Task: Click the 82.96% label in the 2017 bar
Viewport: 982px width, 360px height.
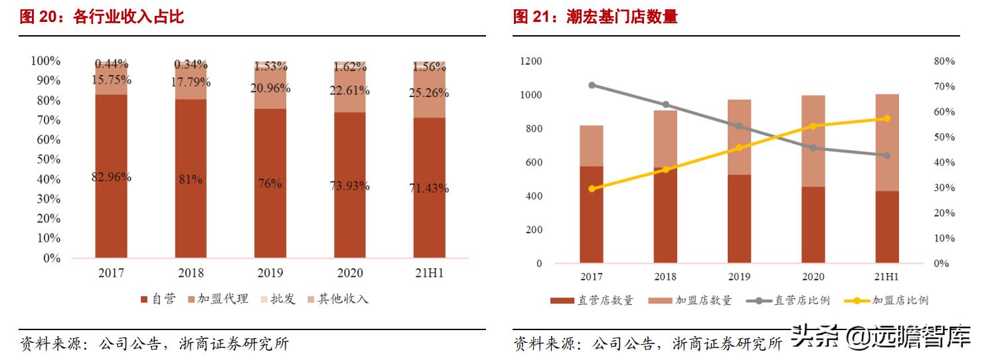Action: [x=112, y=177]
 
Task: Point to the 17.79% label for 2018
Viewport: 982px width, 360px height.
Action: [x=192, y=82]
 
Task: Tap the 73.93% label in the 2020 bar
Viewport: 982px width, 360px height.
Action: [x=350, y=186]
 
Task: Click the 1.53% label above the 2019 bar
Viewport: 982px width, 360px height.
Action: [x=270, y=66]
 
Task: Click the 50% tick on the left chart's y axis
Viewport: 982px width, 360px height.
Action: [x=46, y=159]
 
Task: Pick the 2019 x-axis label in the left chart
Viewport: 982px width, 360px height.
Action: [x=270, y=273]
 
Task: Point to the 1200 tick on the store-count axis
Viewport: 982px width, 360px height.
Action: [x=531, y=62]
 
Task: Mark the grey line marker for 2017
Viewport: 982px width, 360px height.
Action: [x=592, y=85]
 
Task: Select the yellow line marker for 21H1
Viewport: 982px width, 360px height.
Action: [x=887, y=118]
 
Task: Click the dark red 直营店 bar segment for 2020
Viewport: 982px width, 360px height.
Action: [x=813, y=225]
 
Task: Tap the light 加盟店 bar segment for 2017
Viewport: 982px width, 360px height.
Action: [x=592, y=145]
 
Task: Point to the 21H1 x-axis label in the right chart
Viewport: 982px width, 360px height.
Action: [x=887, y=276]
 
